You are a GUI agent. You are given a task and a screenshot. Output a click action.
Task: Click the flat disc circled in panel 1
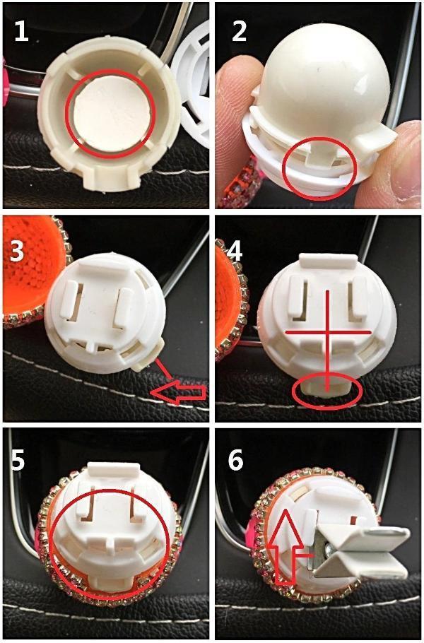[x=110, y=114]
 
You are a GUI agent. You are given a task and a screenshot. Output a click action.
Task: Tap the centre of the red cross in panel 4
[x=327, y=332]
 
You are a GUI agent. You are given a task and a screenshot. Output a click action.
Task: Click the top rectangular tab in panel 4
[x=327, y=261]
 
